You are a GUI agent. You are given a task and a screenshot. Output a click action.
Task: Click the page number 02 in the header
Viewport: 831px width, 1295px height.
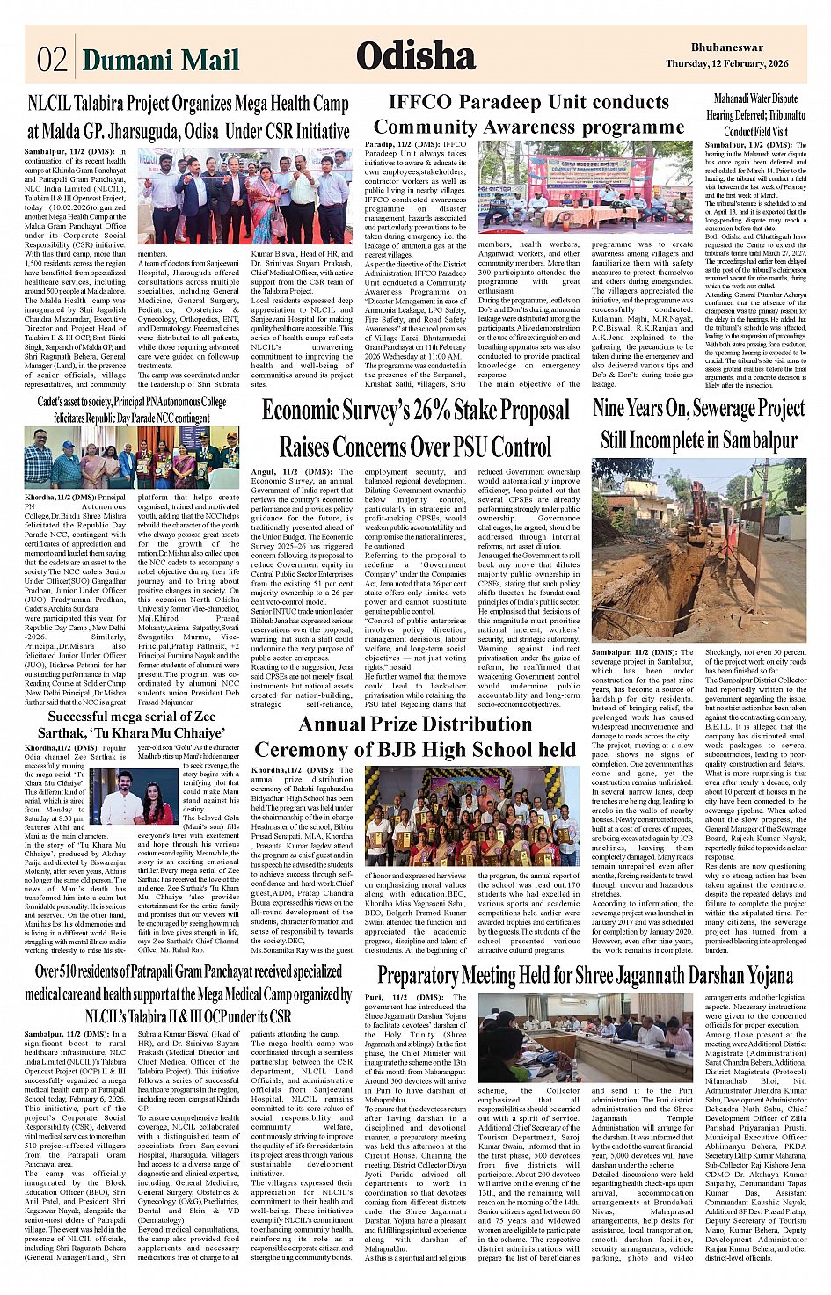click(x=52, y=59)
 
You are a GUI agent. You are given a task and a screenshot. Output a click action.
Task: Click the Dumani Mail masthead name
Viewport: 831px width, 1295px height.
click(x=160, y=60)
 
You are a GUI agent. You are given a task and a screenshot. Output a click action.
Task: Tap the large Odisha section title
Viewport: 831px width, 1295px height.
click(x=416, y=56)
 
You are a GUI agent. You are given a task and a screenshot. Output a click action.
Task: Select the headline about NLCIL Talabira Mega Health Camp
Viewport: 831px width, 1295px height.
click(x=187, y=117)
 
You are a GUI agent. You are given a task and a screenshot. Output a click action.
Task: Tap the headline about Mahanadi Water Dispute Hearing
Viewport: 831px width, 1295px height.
click(x=755, y=114)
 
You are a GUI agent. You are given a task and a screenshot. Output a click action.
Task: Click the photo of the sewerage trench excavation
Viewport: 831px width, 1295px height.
click(x=698, y=549)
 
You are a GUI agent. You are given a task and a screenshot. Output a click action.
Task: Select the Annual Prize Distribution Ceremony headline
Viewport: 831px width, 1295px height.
click(x=415, y=737)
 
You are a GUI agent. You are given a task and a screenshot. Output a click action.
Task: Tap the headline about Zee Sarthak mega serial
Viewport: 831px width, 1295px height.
click(x=131, y=724)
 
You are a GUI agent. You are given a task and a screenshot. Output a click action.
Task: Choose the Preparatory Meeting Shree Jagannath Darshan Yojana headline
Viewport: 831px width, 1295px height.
click(x=585, y=975)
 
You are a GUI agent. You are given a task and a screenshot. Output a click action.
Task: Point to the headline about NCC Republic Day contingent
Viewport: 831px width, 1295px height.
click(x=132, y=409)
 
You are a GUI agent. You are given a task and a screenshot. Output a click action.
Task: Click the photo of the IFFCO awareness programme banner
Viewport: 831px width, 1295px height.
click(x=585, y=187)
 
